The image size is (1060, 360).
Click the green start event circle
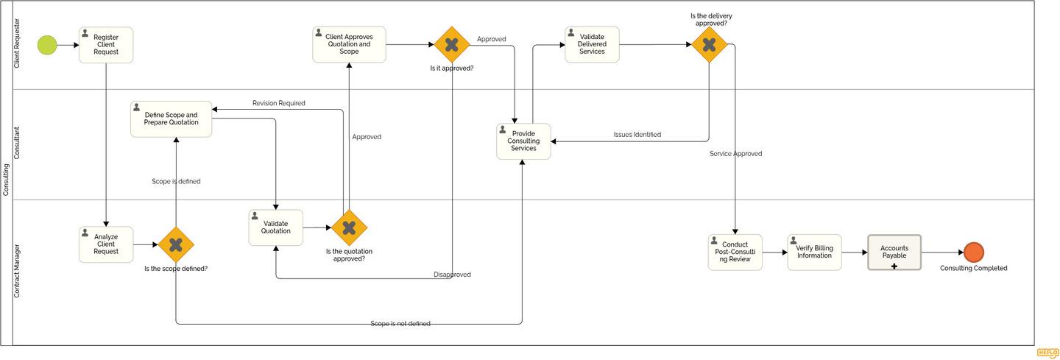(47, 45)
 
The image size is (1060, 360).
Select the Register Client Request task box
(106, 45)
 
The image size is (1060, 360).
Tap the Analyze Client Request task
(106, 244)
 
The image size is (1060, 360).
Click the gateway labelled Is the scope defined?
(176, 244)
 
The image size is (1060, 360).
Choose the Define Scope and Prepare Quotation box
(171, 119)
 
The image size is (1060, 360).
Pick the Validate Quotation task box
(275, 227)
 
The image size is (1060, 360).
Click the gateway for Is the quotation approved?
(349, 227)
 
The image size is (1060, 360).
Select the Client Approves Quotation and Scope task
(349, 45)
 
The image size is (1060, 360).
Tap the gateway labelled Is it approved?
(452, 45)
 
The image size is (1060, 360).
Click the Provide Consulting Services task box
(523, 141)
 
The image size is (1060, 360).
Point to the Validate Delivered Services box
(592, 45)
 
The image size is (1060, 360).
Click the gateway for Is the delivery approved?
(709, 45)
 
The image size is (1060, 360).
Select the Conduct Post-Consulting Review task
(735, 253)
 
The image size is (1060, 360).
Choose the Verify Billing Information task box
(814, 253)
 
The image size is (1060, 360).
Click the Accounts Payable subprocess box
(894, 253)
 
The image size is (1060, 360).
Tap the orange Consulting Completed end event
(973, 253)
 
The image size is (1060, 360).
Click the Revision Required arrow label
(278, 103)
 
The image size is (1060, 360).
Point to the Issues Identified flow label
(637, 135)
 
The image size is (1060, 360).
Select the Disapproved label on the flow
(452, 275)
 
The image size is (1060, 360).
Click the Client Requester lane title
(18, 43)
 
